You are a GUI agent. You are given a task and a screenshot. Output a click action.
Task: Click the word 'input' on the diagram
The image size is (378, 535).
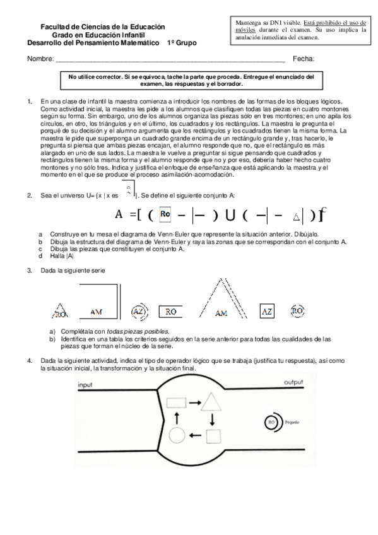(85, 384)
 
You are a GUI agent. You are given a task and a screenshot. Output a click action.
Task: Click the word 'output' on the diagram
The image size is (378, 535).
(293, 383)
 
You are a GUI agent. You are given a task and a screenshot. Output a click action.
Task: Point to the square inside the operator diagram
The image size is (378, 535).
(213, 435)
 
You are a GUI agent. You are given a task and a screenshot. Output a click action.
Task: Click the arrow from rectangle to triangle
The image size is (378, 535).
(194, 401)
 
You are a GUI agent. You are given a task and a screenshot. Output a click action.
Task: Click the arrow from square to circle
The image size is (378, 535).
(195, 435)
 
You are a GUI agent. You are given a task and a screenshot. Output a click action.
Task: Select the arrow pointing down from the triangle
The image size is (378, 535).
(213, 419)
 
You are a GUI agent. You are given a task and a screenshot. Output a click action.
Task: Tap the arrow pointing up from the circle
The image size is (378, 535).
(177, 418)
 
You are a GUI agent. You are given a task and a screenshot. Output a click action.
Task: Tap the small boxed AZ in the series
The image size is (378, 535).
(267, 311)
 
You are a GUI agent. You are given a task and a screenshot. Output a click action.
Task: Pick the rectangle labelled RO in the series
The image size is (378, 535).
(171, 311)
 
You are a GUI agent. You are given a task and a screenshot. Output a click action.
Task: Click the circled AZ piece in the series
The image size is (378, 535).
(138, 311)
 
